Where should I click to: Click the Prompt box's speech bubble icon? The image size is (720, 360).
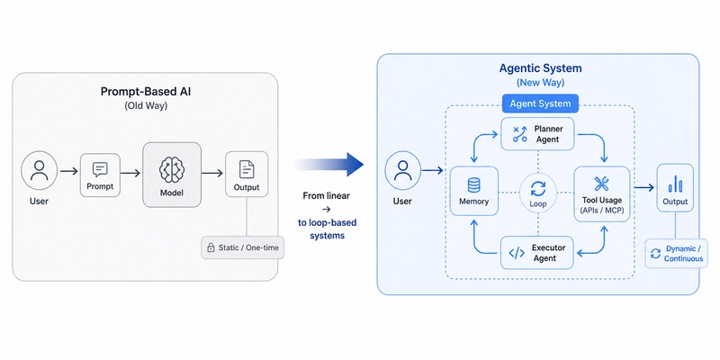[x=100, y=170]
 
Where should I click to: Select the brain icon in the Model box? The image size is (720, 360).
[x=172, y=170]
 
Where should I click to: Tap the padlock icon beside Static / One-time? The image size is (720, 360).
[x=211, y=248]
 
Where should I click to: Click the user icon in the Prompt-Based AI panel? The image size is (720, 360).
[x=39, y=170]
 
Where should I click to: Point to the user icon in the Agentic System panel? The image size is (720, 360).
[x=402, y=170]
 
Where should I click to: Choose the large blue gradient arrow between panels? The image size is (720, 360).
[x=328, y=165]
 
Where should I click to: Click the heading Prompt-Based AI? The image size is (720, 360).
[x=146, y=91]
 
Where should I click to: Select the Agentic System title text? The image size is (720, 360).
[x=541, y=68]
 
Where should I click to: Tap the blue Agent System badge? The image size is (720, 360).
[x=540, y=103]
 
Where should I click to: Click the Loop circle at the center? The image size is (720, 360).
[x=537, y=193]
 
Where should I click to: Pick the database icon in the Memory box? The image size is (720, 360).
[x=473, y=185]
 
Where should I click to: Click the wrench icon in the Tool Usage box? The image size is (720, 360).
[x=601, y=184]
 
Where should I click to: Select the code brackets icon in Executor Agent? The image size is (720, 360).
[x=517, y=253]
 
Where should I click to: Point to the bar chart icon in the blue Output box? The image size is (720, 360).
[x=675, y=184]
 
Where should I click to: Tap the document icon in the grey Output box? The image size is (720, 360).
[x=247, y=170]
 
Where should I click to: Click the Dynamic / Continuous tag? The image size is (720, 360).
[x=678, y=254]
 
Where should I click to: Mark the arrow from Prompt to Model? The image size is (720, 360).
[x=130, y=173]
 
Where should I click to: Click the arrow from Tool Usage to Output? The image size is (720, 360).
[x=643, y=187]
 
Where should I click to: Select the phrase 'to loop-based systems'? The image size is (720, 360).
[x=327, y=229]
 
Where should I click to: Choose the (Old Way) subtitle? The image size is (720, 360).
[x=146, y=105]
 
